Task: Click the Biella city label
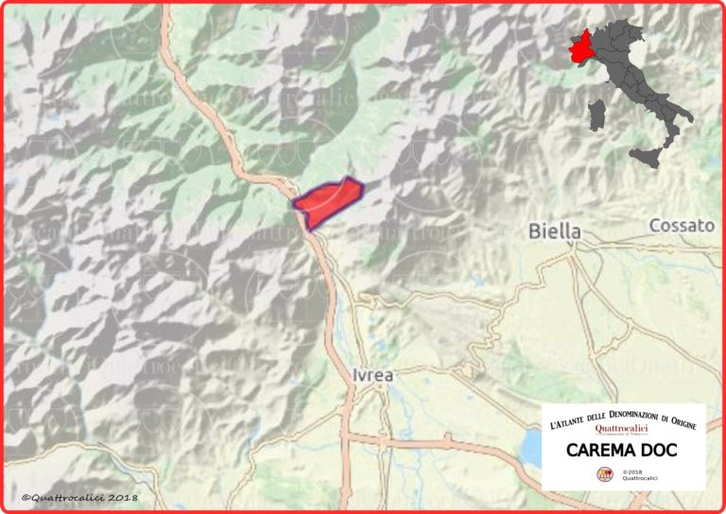pos(555,231)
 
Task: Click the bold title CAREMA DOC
pos(622,451)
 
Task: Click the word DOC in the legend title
pos(660,451)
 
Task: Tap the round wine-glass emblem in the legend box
pos(604,473)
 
